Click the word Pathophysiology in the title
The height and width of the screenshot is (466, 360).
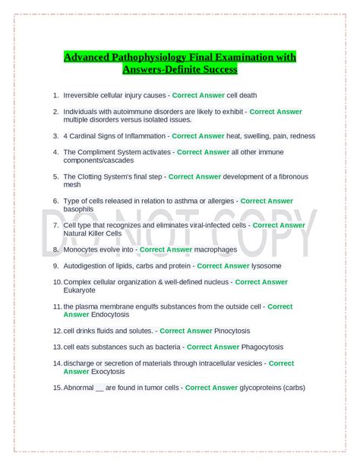pos(150,58)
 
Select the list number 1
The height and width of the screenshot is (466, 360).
pos(55,95)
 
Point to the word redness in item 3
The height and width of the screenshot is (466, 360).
pos(299,136)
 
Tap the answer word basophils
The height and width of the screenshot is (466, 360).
pos(78,209)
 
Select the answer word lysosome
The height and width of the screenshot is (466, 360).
pos(267,266)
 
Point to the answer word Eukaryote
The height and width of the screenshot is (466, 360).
pos(80,290)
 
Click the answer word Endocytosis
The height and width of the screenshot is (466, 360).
pos(112,315)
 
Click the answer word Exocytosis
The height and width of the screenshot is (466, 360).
pos(112,371)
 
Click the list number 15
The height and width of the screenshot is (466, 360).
pos(56,388)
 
